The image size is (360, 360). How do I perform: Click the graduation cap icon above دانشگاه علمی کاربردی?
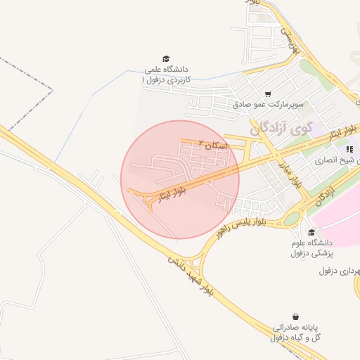point(166,59)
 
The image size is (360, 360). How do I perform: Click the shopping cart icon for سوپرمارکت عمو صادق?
point(268,94)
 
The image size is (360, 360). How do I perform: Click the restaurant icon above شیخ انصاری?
point(349,148)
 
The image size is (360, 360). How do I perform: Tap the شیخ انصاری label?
point(340,161)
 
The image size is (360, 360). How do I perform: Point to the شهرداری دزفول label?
point(340,271)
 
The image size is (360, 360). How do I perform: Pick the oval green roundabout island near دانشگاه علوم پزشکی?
point(292,218)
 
